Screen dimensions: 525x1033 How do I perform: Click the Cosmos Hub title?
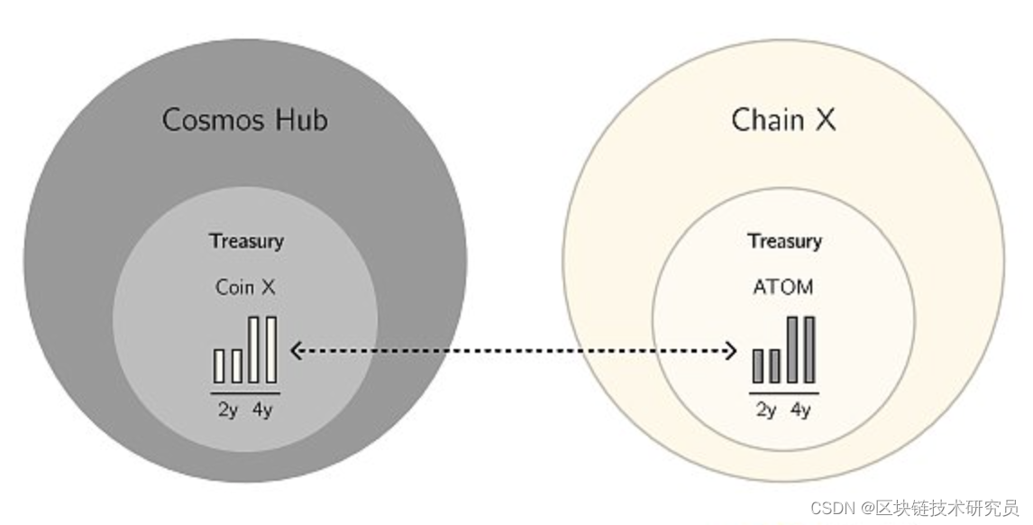coord(244,119)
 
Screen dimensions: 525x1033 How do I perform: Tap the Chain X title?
coord(782,119)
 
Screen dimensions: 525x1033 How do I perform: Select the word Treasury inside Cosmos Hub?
coord(246,241)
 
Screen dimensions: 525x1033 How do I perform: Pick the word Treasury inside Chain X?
coord(783,241)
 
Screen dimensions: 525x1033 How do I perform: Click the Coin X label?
coord(245,287)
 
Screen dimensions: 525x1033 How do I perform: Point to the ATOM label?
coord(782,287)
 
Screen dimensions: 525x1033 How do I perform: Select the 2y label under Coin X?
coord(227,410)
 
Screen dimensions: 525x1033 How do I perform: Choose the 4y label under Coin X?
coord(262,410)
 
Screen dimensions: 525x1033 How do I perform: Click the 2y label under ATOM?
coord(765,410)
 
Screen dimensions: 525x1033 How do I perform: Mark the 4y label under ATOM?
coord(800,410)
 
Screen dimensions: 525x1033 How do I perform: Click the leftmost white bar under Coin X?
coord(219,365)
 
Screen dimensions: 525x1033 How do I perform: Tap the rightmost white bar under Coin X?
coord(270,349)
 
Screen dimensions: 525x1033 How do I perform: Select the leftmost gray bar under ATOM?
coord(758,365)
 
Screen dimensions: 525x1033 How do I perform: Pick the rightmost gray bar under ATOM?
coord(809,349)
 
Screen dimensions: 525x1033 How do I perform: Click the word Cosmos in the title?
coord(215,119)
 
